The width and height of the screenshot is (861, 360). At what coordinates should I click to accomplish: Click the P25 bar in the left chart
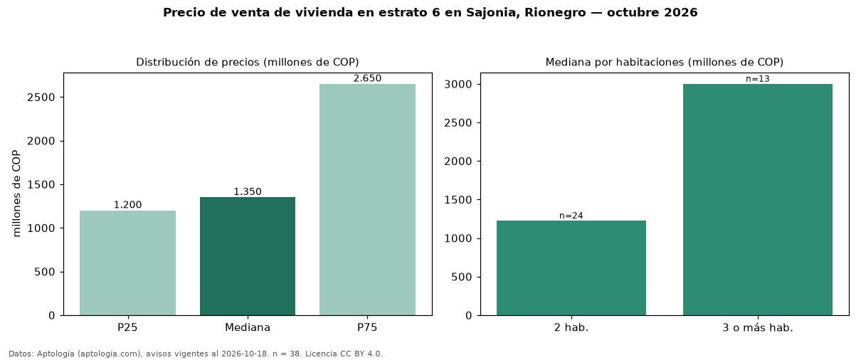click(x=127, y=263)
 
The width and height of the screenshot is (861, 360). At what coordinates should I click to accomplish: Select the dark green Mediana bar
click(x=248, y=256)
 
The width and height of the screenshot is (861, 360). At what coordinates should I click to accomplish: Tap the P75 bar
click(x=367, y=200)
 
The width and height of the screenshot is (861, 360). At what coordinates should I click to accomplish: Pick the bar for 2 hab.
click(x=571, y=268)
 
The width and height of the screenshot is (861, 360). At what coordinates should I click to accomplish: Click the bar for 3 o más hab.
click(x=758, y=200)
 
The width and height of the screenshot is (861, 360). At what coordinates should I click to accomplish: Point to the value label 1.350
click(x=248, y=191)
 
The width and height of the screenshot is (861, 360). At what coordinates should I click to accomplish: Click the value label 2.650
click(x=367, y=78)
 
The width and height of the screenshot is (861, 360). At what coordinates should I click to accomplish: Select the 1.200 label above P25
click(x=127, y=205)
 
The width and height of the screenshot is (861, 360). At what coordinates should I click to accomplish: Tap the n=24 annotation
click(x=571, y=216)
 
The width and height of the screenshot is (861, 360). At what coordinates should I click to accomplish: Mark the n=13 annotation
click(x=758, y=79)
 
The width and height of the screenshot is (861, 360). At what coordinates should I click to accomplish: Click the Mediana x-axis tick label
click(x=248, y=327)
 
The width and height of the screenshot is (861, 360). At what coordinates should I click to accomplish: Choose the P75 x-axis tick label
click(x=367, y=327)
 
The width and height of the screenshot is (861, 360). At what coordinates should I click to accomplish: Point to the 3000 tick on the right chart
click(x=458, y=84)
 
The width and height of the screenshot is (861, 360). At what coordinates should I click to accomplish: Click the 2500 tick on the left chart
click(x=41, y=97)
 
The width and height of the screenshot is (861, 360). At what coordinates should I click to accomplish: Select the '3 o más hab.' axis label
click(x=758, y=328)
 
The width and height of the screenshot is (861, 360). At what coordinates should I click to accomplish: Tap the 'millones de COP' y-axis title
click(x=16, y=194)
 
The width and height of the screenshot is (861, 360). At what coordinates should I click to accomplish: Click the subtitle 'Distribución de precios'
click(x=199, y=62)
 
